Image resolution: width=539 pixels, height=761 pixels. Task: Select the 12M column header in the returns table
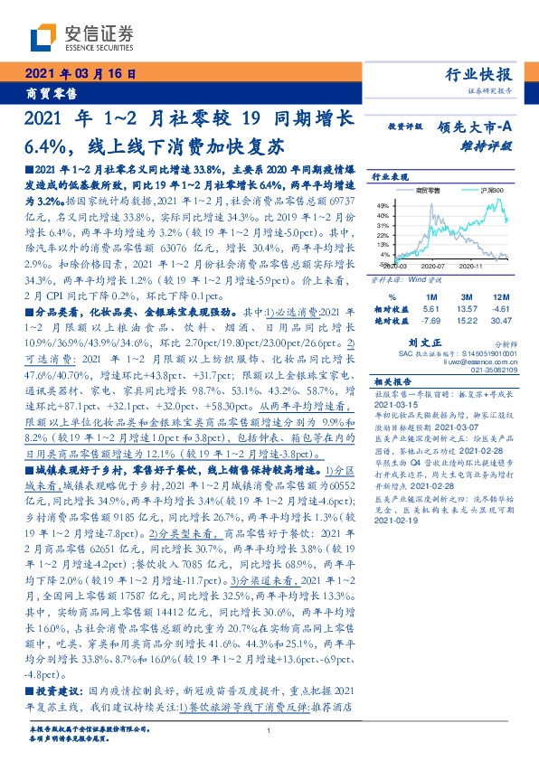tap(500, 295)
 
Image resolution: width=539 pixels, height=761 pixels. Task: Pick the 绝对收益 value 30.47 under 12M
tap(500, 320)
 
